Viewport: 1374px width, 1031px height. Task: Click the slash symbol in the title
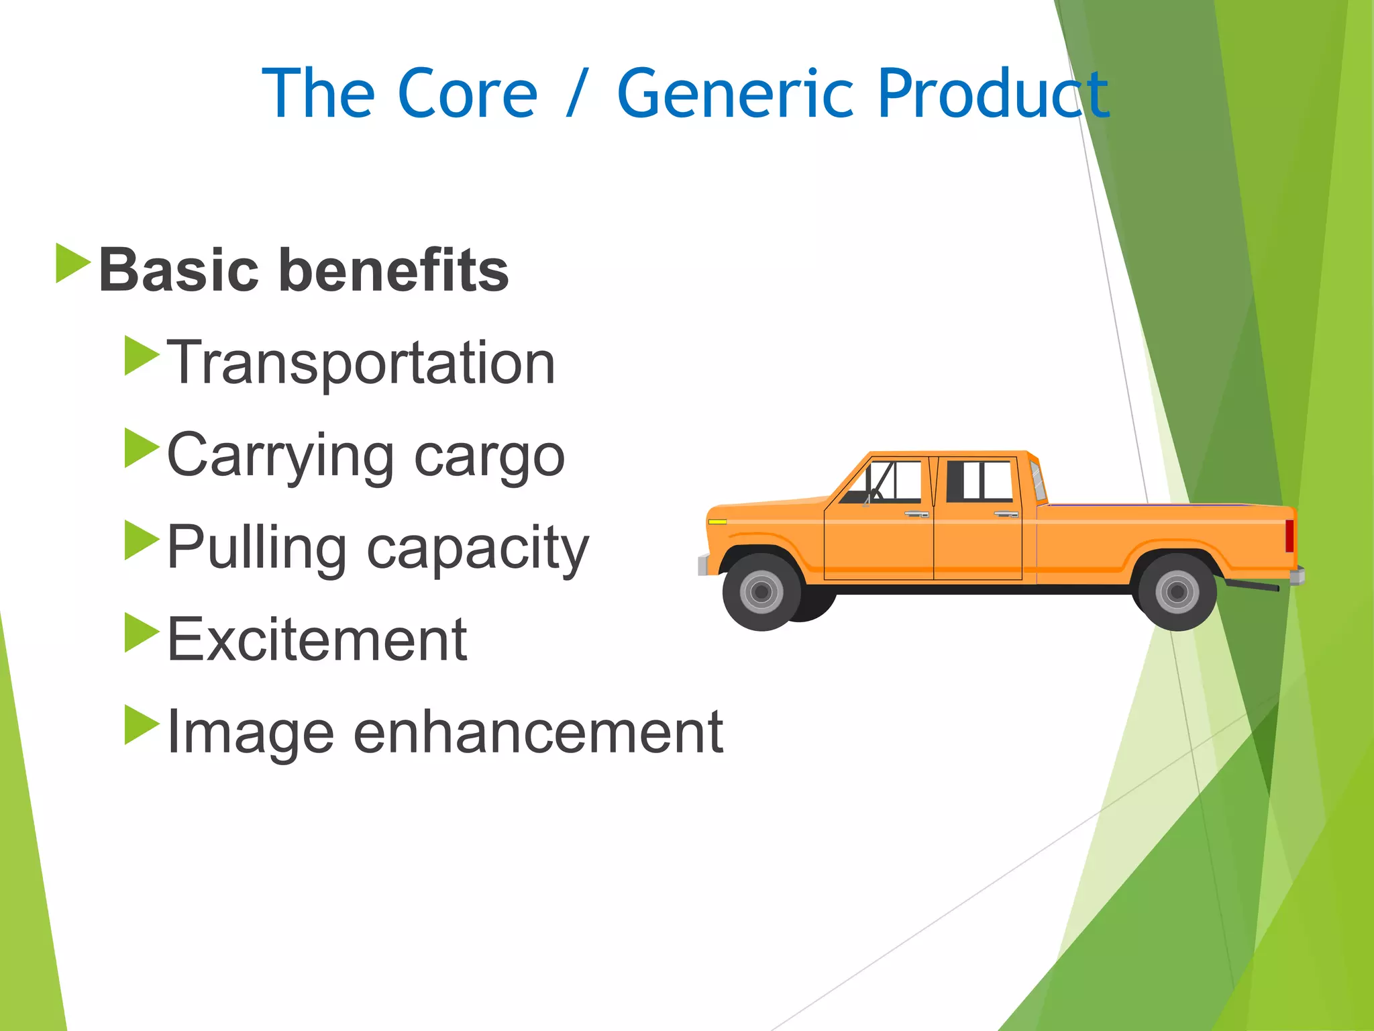[576, 94]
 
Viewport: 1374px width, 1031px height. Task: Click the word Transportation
[362, 363]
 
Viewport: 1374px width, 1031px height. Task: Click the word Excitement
[317, 640]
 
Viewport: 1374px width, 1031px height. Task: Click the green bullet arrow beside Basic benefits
[72, 263]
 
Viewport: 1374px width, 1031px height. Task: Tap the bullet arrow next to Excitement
[142, 632]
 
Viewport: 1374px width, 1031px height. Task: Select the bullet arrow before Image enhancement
[142, 725]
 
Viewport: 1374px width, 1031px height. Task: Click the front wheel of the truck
[761, 592]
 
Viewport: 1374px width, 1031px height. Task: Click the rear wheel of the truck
[1177, 592]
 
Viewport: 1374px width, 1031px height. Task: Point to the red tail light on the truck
[1289, 536]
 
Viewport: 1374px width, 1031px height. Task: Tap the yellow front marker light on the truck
[717, 522]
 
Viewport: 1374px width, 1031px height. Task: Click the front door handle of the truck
[916, 514]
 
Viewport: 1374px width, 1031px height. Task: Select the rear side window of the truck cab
[980, 481]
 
